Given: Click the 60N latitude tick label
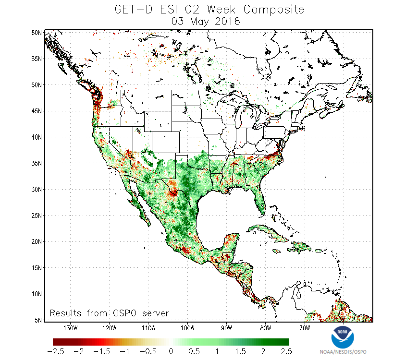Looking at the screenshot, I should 36,32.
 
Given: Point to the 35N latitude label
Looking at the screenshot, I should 36,163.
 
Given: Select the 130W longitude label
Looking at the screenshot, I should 70,328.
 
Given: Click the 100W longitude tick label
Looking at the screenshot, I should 187,328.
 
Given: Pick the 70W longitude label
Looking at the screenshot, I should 304,328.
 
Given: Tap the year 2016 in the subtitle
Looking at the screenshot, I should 228,22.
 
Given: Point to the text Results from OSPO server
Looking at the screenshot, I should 109,313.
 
